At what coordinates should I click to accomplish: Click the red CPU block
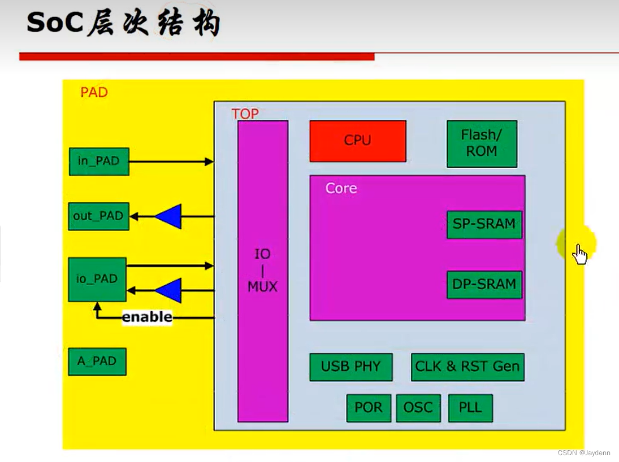(x=357, y=141)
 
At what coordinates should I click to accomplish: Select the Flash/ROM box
(x=482, y=143)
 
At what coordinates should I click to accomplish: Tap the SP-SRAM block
(x=484, y=224)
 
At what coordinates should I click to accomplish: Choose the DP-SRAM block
(x=484, y=284)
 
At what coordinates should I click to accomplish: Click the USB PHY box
(x=350, y=367)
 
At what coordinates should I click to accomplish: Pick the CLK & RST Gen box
(x=468, y=367)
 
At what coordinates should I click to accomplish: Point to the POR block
(x=369, y=408)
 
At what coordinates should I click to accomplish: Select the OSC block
(x=418, y=408)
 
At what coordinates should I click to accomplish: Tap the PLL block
(x=470, y=408)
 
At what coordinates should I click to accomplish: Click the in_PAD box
(x=99, y=162)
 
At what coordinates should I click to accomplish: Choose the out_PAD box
(x=98, y=216)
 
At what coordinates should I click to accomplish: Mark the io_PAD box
(x=97, y=280)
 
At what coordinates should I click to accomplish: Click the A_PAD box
(x=97, y=361)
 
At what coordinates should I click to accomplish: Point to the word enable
(x=147, y=317)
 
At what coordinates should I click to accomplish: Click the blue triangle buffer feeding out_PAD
(x=169, y=216)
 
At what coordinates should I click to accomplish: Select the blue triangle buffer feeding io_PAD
(x=169, y=290)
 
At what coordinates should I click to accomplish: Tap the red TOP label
(x=245, y=114)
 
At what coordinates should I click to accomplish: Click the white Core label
(x=341, y=188)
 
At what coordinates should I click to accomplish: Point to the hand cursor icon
(x=579, y=254)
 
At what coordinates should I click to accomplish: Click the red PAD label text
(x=94, y=92)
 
